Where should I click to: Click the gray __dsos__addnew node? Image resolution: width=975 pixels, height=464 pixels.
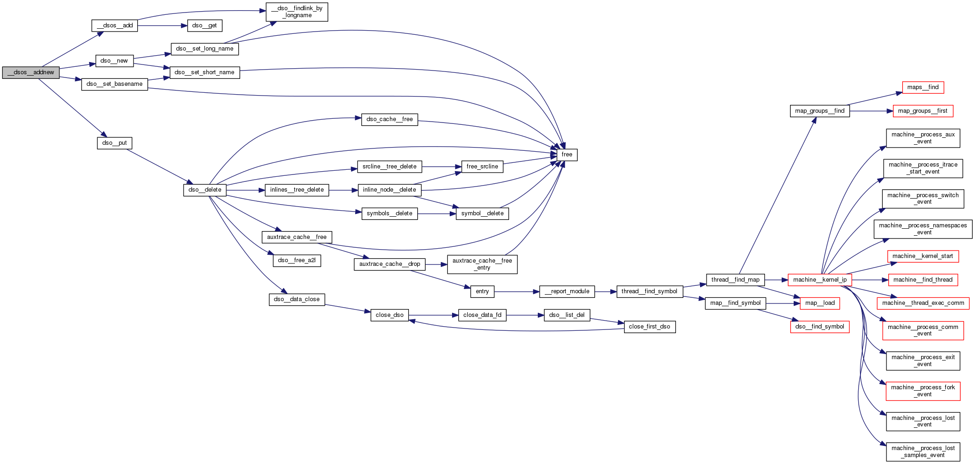(31, 72)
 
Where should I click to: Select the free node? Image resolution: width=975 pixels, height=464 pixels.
(567, 155)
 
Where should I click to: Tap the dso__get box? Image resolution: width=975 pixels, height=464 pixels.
(204, 26)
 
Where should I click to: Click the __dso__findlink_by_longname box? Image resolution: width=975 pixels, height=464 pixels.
(297, 12)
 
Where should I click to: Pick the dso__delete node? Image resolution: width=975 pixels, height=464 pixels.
(204, 190)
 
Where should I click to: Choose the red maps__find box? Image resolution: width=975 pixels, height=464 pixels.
(923, 87)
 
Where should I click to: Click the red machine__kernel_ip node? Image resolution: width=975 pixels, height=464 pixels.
(819, 280)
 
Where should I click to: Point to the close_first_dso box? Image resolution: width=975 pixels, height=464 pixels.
(649, 327)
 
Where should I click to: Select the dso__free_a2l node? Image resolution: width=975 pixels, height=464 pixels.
(297, 260)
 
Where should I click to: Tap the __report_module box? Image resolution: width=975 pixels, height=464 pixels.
(567, 291)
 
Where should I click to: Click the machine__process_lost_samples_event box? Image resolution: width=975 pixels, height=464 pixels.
(923, 451)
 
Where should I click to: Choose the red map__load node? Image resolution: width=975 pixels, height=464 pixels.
(819, 303)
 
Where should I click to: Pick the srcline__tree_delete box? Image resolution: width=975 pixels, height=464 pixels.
(389, 167)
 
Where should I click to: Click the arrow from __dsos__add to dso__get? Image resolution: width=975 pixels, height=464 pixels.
(162, 26)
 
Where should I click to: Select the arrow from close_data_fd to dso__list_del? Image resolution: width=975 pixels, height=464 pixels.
(525, 315)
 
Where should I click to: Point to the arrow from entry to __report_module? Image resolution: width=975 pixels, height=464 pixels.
(516, 292)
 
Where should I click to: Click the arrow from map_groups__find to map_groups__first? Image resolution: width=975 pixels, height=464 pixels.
(872, 111)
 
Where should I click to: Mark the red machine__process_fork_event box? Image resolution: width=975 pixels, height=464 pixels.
(923, 391)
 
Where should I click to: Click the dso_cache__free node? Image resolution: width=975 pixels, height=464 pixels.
(389, 119)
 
